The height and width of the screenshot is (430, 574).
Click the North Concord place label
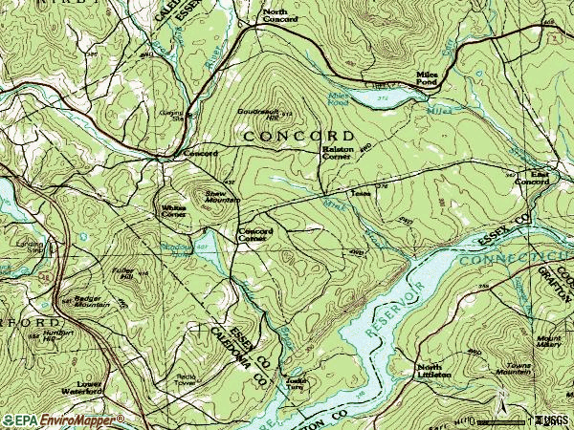280,15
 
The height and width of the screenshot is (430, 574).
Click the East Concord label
532,179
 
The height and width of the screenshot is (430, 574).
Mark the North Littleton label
429,371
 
